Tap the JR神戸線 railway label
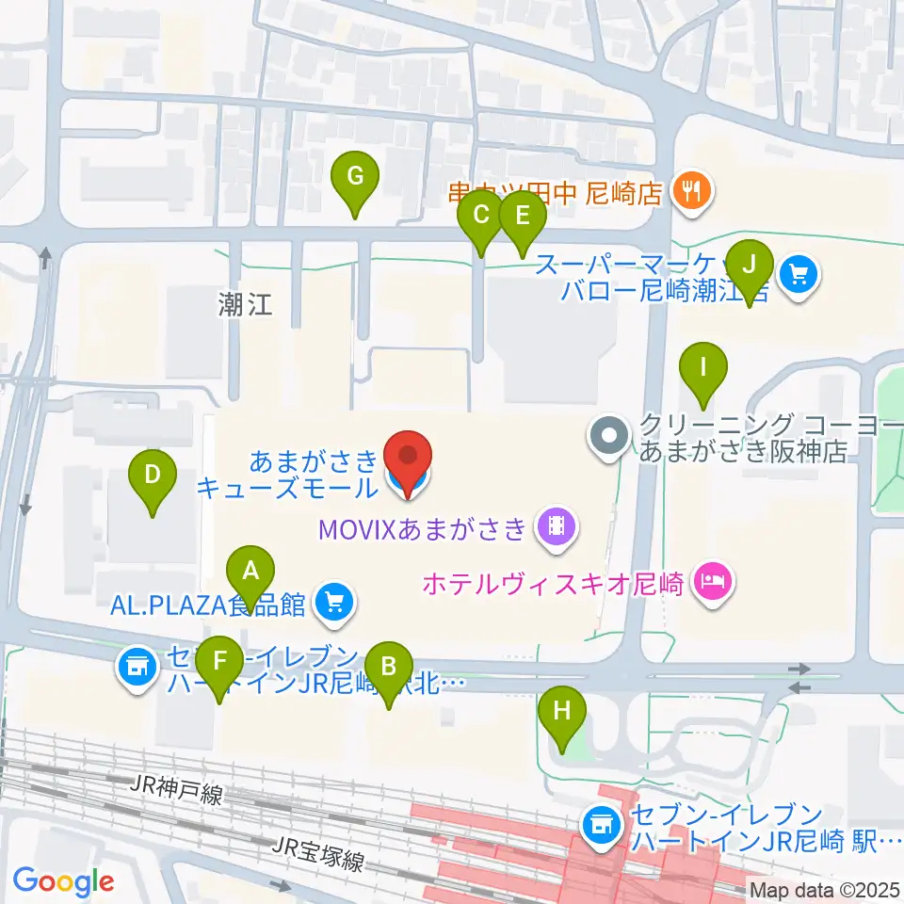tap(178, 789)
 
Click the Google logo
tap(63, 881)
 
